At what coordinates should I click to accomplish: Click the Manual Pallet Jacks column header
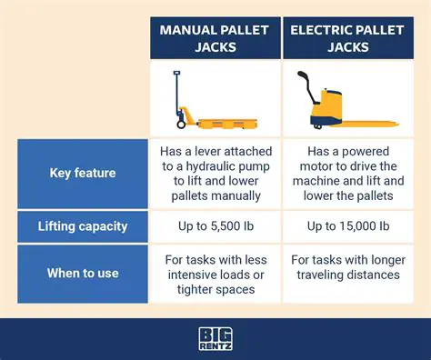coord(215,37)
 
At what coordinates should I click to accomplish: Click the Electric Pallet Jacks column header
coord(347,37)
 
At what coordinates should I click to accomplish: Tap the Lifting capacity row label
coord(82,225)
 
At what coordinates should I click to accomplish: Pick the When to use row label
coord(82,273)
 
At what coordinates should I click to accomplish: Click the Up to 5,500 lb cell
coord(215,225)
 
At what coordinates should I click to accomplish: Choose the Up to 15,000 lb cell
coord(347,225)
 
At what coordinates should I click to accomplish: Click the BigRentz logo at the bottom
coord(215,339)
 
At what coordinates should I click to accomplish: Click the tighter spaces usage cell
coord(215,273)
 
